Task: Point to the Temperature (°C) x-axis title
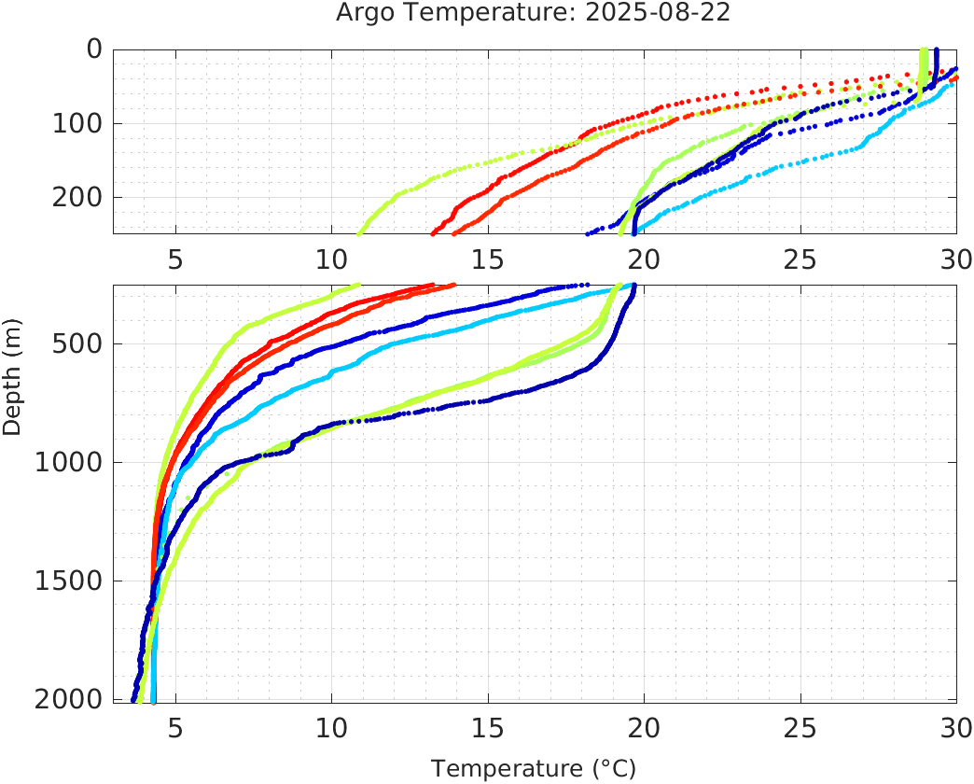(534, 769)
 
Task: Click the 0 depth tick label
(94, 49)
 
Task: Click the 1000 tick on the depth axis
(69, 463)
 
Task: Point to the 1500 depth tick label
(69, 581)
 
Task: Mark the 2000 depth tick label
(69, 700)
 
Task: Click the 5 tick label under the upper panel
(175, 259)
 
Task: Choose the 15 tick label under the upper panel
(488, 259)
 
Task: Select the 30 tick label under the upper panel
(953, 259)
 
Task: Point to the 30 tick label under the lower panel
(953, 726)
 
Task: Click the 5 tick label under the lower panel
(175, 726)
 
